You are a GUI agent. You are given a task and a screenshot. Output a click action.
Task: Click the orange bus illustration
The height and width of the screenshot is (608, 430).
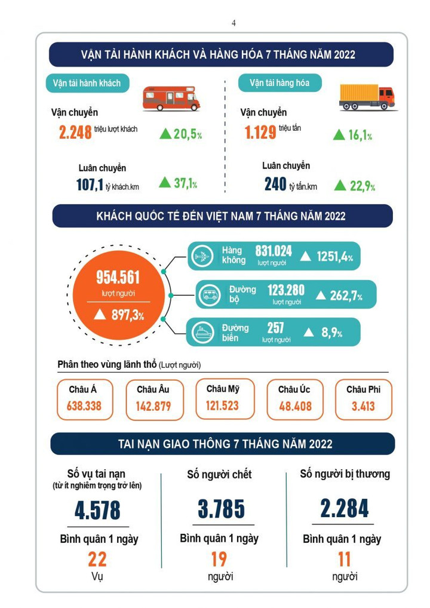(171, 98)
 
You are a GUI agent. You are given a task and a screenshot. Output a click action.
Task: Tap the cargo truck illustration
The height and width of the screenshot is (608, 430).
(366, 97)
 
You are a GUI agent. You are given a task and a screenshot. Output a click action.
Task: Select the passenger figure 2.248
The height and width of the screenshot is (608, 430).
(75, 132)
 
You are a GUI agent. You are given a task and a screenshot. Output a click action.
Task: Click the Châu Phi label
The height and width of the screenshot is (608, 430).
(363, 389)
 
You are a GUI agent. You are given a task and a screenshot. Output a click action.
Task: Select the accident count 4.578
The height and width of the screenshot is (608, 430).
(97, 511)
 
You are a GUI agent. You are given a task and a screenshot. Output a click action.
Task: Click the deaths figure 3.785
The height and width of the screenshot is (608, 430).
(221, 509)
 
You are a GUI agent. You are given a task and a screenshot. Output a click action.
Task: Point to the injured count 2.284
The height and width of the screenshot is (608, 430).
(345, 509)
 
